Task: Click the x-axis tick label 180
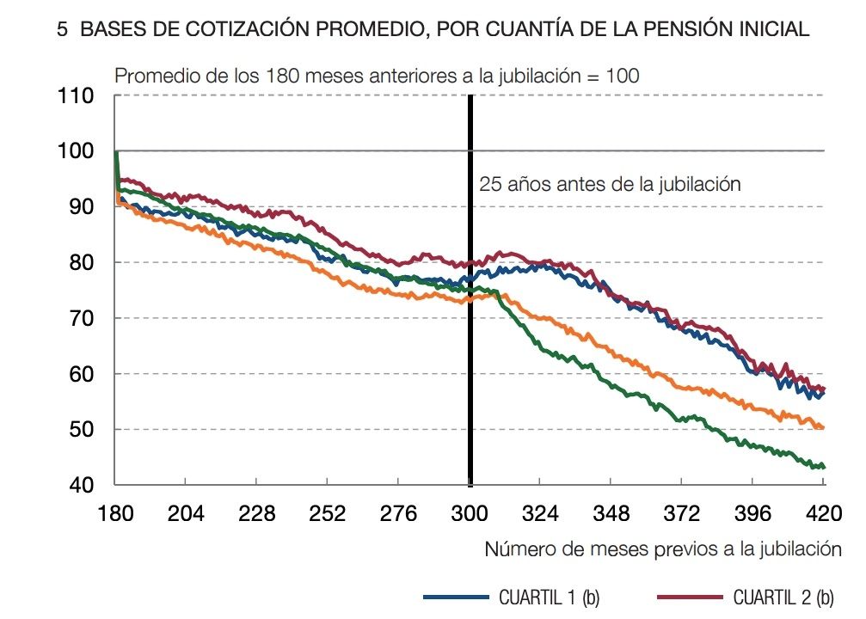(x=115, y=514)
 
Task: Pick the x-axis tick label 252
(x=328, y=514)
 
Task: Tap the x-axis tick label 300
(x=470, y=514)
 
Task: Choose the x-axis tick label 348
(x=611, y=514)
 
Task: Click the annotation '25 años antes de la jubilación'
(x=609, y=184)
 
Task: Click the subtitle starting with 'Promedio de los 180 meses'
(x=377, y=75)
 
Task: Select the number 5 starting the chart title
(x=61, y=29)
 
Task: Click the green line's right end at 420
(x=822, y=467)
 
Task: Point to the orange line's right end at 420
(x=822, y=427)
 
